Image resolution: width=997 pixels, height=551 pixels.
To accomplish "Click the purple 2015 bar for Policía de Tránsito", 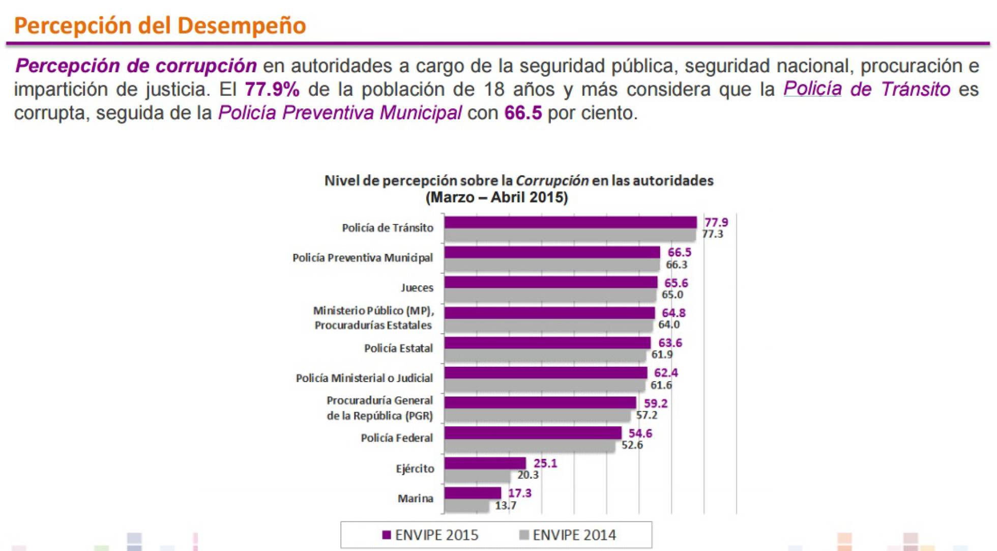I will (570, 222).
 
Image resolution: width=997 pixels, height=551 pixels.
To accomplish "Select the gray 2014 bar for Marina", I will (466, 506).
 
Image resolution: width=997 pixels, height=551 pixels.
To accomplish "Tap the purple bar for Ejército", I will (485, 463).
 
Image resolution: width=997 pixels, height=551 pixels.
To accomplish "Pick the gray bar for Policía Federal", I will (529, 446).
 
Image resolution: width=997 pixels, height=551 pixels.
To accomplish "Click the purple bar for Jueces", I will (550, 282).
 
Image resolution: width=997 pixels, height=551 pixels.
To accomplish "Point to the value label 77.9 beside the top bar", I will (716, 222).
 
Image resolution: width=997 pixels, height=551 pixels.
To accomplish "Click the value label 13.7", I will (505, 506).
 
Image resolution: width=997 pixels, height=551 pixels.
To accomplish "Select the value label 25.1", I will (545, 463).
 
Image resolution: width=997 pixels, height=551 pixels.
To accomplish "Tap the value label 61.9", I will (661, 355).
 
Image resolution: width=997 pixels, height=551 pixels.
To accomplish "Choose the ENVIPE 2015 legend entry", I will (430, 535).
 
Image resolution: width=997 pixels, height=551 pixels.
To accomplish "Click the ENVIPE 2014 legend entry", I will (568, 535).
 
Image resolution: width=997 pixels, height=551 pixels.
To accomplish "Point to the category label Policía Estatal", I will (398, 349).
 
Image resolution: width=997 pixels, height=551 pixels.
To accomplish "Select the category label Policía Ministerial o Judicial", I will (364, 378).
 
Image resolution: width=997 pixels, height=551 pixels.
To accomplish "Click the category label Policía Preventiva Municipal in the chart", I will (362, 258).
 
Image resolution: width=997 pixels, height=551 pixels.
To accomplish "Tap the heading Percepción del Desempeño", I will (160, 25).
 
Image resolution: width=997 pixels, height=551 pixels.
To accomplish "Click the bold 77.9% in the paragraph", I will (272, 90).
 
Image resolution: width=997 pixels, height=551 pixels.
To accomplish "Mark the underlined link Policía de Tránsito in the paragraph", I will (866, 90).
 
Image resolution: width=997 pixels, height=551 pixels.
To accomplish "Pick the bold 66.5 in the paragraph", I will (523, 113).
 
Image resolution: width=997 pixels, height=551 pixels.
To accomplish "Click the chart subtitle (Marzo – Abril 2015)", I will (496, 197).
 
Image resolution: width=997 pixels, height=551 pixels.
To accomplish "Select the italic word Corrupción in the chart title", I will (552, 181).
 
